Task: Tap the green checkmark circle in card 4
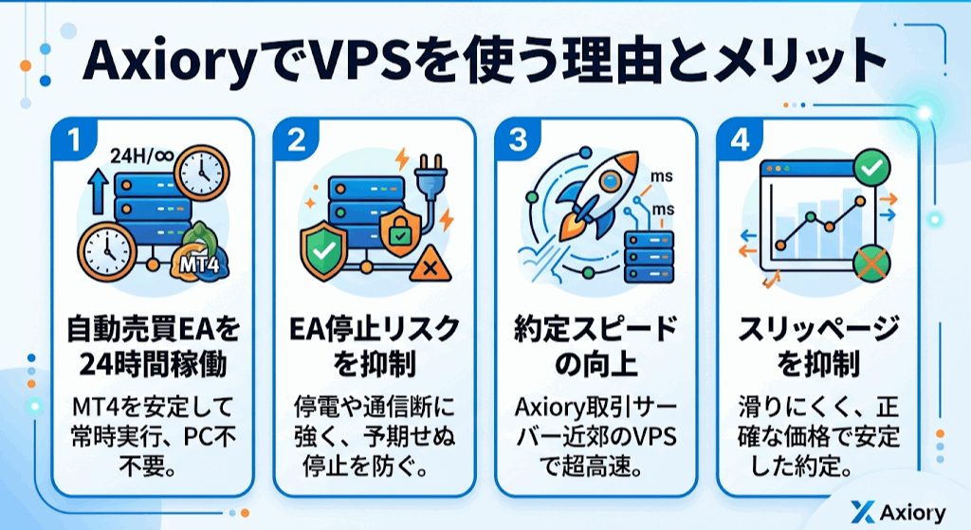point(870,170)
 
